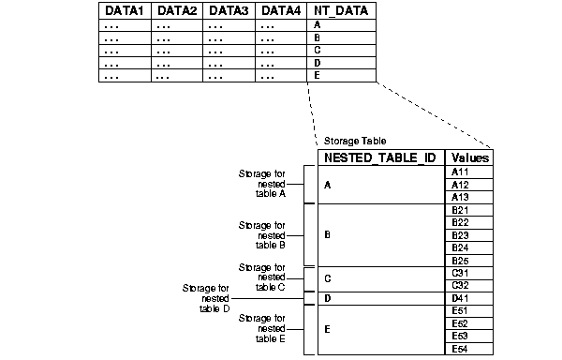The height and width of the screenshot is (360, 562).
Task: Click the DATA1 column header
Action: pyautogui.click(x=125, y=11)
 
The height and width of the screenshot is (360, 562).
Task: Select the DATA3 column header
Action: pyautogui.click(x=229, y=11)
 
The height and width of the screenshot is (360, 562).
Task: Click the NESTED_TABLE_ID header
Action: pyautogui.click(x=378, y=158)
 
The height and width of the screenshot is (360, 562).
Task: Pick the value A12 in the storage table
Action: pyautogui.click(x=460, y=185)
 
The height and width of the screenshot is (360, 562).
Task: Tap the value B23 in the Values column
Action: pyautogui.click(x=460, y=234)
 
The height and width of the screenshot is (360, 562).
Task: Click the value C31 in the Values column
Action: pyautogui.click(x=460, y=272)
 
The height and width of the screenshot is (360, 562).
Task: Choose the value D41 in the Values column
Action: pyautogui.click(x=460, y=298)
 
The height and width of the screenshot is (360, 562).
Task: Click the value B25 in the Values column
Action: pyautogui.click(x=460, y=260)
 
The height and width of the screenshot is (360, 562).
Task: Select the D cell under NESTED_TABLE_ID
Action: pyautogui.click(x=327, y=299)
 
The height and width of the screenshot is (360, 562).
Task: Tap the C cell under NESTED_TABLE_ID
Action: pyautogui.click(x=327, y=279)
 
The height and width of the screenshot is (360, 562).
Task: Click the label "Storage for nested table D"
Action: pyautogui.click(x=208, y=297)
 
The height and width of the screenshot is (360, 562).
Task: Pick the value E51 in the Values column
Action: pyautogui.click(x=460, y=310)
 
